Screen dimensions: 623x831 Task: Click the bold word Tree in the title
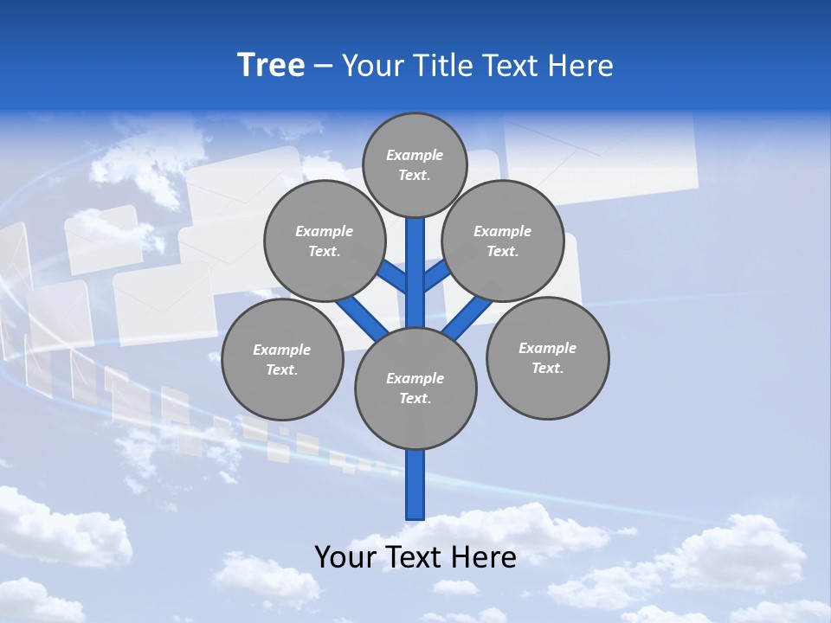click(x=271, y=65)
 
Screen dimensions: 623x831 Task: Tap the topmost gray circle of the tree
click(x=415, y=165)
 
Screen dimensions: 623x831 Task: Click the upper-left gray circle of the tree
click(x=324, y=241)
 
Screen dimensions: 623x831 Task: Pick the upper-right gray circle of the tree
click(x=502, y=241)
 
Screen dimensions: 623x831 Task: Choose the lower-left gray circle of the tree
click(x=282, y=359)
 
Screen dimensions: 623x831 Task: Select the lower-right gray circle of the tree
click(x=547, y=357)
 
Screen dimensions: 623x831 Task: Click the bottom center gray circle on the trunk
click(x=415, y=388)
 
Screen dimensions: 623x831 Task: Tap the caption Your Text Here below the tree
click(x=415, y=556)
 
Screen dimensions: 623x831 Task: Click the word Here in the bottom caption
click(x=484, y=556)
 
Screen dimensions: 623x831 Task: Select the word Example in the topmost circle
click(x=415, y=156)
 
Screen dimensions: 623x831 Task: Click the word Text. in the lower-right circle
click(x=547, y=368)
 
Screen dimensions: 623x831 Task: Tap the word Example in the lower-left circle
click(x=282, y=350)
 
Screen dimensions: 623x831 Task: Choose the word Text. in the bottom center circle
click(x=415, y=398)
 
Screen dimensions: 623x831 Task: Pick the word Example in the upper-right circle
click(x=502, y=231)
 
